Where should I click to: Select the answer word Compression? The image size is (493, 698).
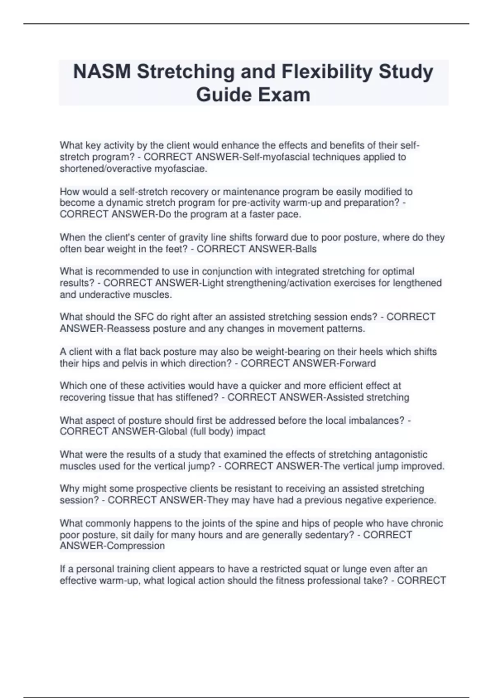coord(135,546)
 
